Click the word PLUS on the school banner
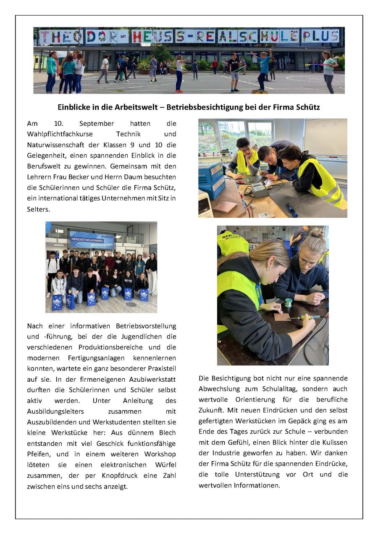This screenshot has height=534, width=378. (320, 36)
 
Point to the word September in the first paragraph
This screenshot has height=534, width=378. (96, 123)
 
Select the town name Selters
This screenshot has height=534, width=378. (38, 209)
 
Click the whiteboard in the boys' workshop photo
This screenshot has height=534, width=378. (325, 137)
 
